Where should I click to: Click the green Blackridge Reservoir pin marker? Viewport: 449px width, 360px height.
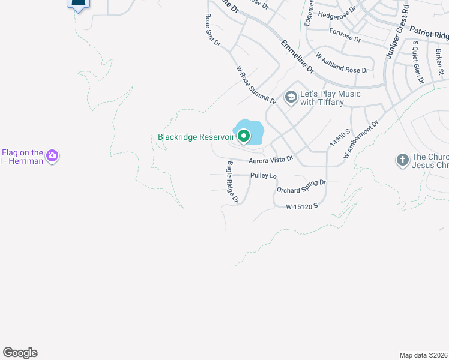tap(244, 137)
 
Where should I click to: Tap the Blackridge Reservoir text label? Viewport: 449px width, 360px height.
tap(195, 137)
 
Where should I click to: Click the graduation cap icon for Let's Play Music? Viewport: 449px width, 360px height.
tap(291, 97)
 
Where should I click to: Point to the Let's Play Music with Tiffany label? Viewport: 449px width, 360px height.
tap(331, 98)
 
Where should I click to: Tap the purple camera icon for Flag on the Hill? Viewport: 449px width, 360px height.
tap(52, 156)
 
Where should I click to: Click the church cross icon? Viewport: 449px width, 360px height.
tap(402, 160)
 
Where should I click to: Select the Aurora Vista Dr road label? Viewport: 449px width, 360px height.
tap(271, 159)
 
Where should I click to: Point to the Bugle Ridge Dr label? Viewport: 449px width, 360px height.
tap(232, 182)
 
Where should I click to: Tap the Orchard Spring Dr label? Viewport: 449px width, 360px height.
tap(301, 186)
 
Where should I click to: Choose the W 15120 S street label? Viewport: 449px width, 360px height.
tap(301, 206)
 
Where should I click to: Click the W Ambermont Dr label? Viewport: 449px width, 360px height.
tap(361, 140)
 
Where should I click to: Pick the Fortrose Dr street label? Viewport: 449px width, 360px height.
tap(345, 35)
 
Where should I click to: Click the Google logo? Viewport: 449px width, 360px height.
tap(20, 353)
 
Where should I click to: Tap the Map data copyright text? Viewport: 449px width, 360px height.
tap(423, 355)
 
